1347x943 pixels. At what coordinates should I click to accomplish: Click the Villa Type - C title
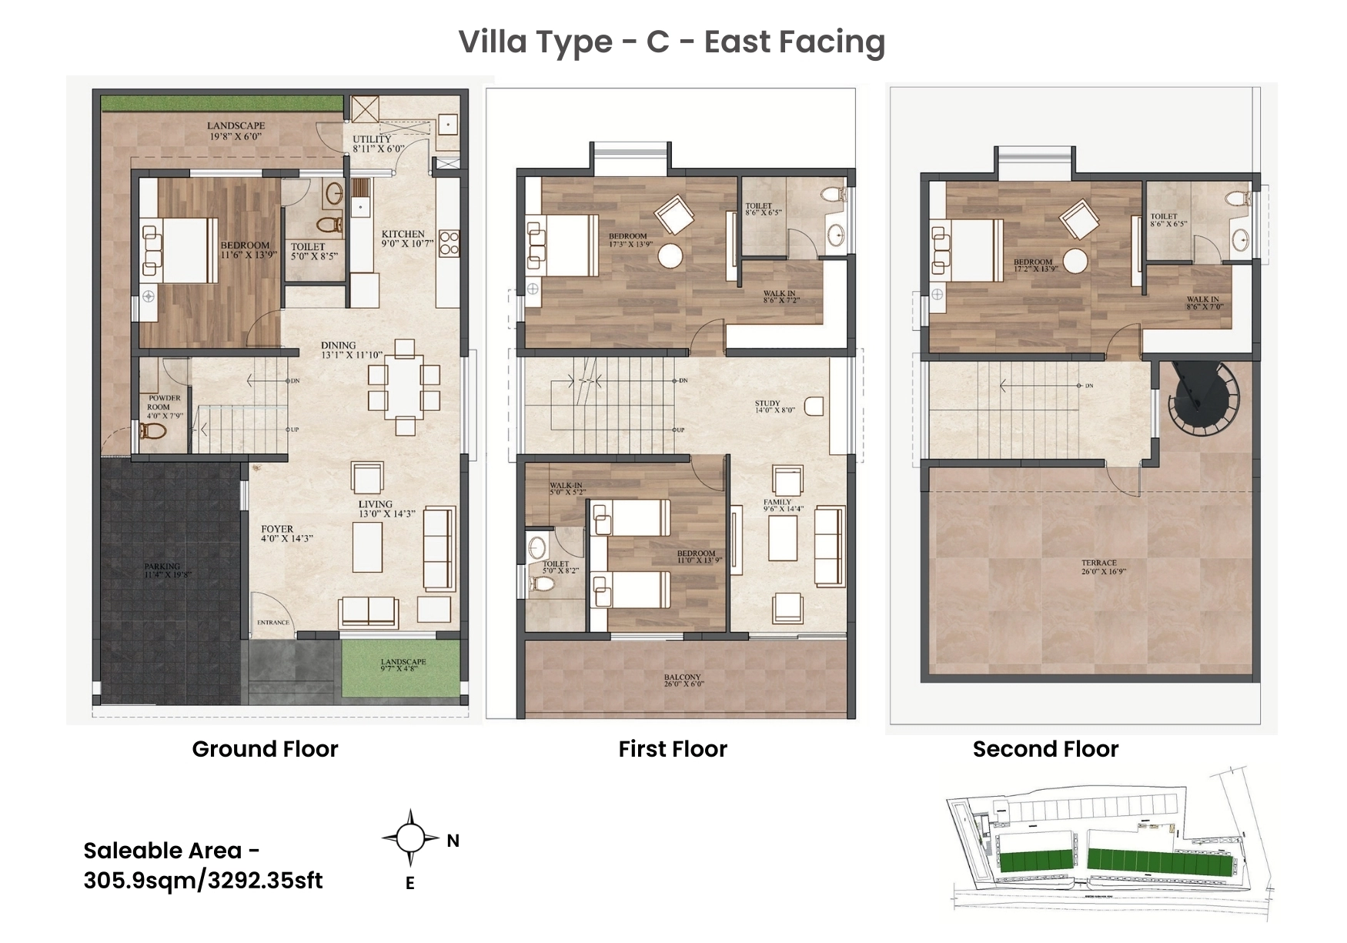click(671, 42)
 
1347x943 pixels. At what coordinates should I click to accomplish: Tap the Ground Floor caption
click(265, 749)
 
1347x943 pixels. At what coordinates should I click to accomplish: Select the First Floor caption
click(672, 749)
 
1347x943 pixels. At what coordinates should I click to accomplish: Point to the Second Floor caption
click(1045, 749)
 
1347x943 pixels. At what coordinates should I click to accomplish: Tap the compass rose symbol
click(410, 838)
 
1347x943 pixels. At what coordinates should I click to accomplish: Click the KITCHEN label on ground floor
click(403, 235)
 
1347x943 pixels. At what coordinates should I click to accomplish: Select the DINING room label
click(339, 346)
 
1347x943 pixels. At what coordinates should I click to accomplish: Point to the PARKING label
click(162, 567)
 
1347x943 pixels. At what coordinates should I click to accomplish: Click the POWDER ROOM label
click(165, 403)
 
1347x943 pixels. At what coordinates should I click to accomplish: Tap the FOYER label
click(277, 530)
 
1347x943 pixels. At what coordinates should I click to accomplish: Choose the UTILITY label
click(372, 139)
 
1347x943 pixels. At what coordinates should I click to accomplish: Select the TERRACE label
click(1098, 563)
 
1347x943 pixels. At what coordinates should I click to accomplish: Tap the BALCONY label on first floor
click(683, 678)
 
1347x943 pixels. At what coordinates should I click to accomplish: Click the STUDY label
click(767, 403)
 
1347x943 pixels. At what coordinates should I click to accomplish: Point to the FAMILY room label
click(777, 502)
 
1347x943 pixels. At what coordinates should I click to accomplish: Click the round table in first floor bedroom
click(670, 256)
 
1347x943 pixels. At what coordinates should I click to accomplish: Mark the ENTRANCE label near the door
click(273, 622)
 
